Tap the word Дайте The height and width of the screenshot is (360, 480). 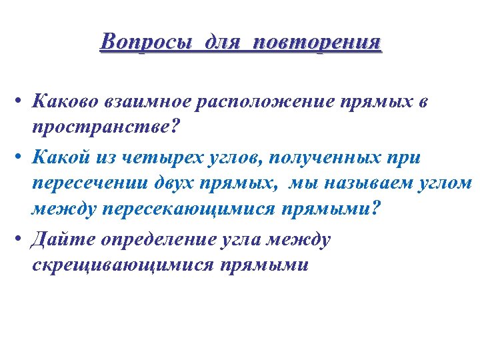(x=59, y=239)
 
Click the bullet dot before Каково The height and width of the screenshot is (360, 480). (x=23, y=103)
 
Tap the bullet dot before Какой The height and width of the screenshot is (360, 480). (x=23, y=157)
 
